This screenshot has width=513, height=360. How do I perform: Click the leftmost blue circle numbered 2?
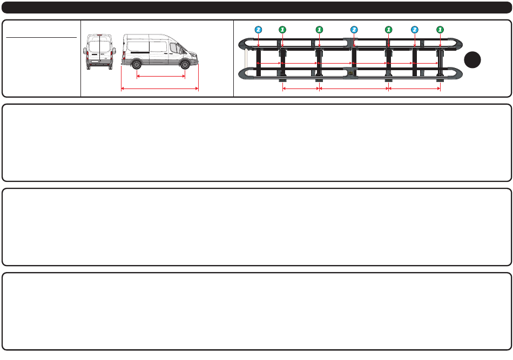tap(259, 29)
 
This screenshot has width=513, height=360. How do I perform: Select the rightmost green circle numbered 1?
tap(440, 29)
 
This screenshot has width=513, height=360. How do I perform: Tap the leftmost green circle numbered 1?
tap(281, 29)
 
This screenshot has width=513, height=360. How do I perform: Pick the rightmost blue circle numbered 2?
tap(414, 29)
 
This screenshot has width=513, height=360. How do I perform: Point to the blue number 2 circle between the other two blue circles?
tap(354, 29)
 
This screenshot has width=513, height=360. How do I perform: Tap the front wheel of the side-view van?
tap(185, 65)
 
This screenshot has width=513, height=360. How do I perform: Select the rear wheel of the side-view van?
tap(137, 65)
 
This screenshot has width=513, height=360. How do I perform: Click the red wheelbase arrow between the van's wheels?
tap(161, 76)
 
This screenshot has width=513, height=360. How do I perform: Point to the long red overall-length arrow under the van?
tap(160, 88)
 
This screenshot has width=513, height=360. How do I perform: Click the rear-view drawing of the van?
tap(99, 53)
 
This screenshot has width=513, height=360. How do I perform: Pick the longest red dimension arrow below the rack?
tap(354, 88)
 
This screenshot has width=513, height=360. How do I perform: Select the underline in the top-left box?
tap(41, 38)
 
